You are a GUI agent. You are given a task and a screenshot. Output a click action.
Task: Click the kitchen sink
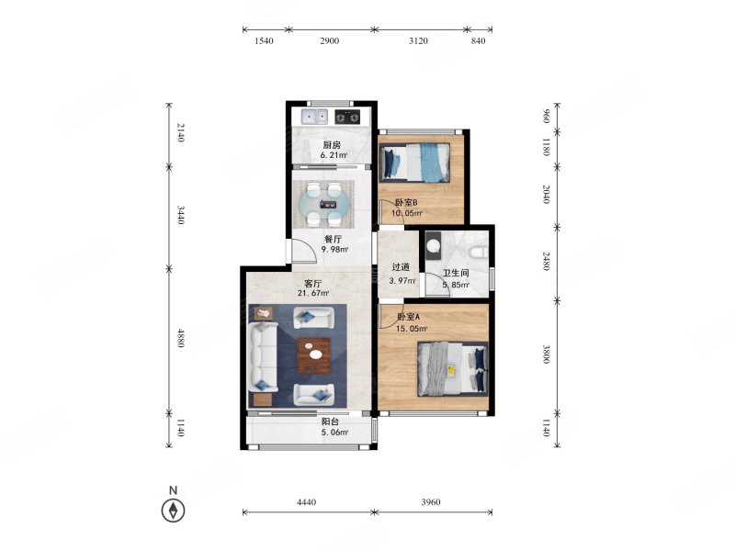(314, 117)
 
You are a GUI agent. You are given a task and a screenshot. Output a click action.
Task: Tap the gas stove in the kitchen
(347, 117)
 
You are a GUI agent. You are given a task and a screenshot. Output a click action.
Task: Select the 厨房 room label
(332, 145)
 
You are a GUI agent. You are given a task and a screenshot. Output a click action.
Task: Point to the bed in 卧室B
(414, 163)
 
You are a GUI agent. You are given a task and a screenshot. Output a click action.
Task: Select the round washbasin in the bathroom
(434, 246)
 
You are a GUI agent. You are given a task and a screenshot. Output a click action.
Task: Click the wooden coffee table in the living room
(314, 355)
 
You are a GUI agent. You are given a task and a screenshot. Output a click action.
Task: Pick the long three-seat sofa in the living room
(263, 357)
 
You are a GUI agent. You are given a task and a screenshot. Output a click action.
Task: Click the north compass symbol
(173, 511)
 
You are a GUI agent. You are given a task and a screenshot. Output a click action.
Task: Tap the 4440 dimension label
(307, 502)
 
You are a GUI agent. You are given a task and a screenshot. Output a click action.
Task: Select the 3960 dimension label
(431, 502)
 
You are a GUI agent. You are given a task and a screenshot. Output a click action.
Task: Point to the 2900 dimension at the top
(330, 41)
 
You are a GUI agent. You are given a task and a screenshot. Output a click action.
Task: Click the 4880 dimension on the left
(181, 338)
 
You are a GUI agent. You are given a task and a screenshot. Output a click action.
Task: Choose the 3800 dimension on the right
(546, 354)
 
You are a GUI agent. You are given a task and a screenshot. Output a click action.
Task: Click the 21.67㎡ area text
(313, 293)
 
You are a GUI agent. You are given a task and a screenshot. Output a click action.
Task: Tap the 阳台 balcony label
(330, 422)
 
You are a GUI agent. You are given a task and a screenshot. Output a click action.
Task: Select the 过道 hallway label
(401, 267)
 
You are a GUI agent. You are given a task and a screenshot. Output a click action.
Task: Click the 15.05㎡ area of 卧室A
(412, 329)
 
